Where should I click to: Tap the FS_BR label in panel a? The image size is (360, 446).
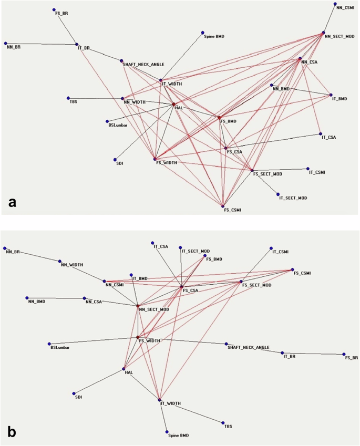(61, 13)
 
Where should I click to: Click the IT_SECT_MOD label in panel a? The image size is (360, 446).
(292, 198)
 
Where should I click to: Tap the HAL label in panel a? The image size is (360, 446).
(179, 108)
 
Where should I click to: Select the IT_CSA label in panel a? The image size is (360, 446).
(328, 138)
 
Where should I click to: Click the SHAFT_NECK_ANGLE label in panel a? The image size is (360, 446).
(143, 65)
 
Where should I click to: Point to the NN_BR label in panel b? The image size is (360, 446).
(13, 252)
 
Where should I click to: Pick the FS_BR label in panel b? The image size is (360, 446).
(351, 358)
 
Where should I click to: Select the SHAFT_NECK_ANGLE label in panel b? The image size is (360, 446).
(248, 347)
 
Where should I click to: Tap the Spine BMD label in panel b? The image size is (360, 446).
(178, 435)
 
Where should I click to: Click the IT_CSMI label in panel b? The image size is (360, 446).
(281, 252)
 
